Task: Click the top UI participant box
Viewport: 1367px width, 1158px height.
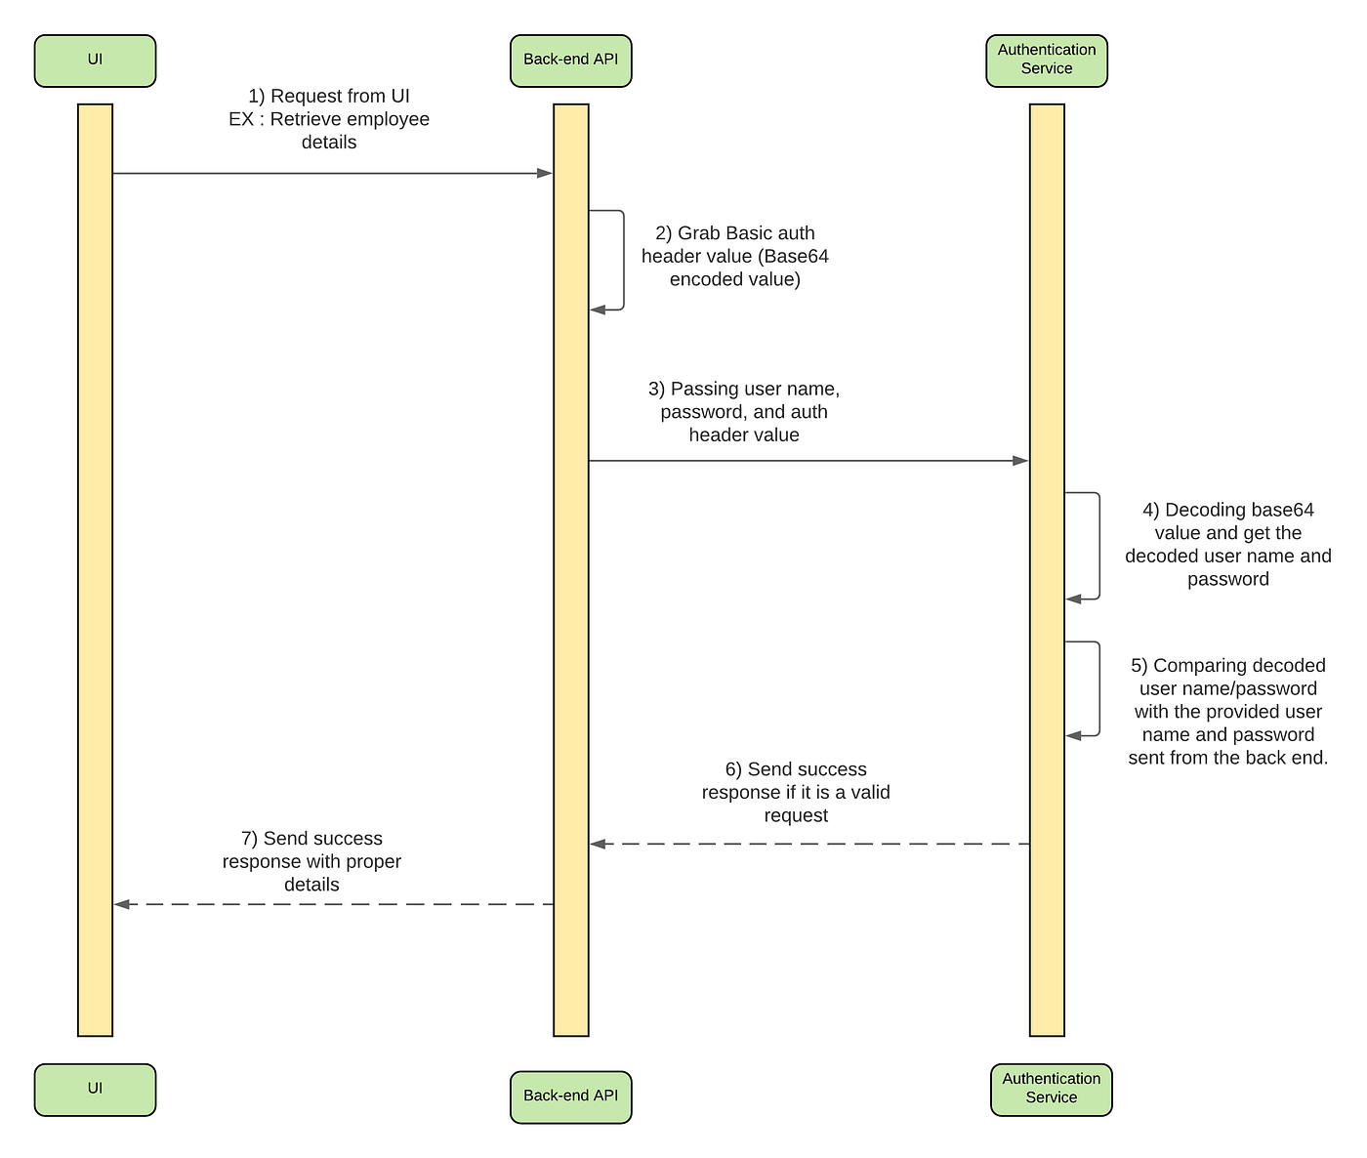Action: point(95,61)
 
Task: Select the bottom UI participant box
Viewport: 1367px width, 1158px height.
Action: point(95,1089)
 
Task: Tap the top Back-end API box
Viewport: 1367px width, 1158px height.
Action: point(570,61)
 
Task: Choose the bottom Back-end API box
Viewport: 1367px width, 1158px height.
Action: point(570,1096)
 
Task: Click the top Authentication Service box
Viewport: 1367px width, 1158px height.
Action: point(1046,61)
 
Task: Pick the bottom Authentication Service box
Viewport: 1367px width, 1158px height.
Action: point(1051,1089)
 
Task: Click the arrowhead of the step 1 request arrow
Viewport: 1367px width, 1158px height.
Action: point(545,174)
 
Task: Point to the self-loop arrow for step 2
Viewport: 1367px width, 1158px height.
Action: point(622,260)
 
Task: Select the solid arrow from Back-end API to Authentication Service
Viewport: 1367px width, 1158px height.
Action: point(808,461)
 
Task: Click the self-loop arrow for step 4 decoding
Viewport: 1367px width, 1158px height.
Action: point(1098,546)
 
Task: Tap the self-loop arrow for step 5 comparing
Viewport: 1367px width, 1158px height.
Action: point(1098,688)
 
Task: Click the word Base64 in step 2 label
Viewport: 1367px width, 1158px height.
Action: point(796,257)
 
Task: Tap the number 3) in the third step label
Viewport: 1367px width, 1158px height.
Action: point(656,390)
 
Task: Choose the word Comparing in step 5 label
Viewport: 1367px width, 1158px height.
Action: point(1197,666)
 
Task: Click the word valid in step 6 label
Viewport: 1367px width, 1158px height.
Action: point(869,793)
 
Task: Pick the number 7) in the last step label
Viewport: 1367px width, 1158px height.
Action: point(249,839)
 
